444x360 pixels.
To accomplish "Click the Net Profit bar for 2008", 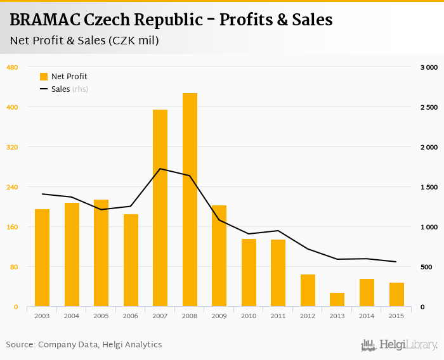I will pyautogui.click(x=190, y=200).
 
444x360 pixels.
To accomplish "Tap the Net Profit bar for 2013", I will pyautogui.click(x=337, y=300).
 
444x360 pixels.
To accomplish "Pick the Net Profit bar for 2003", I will pyautogui.click(x=42, y=258).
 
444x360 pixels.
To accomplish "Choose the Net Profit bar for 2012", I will pyautogui.click(x=308, y=290).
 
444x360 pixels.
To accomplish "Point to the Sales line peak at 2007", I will pyautogui.click(x=160, y=169).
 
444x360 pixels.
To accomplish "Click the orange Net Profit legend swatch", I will pyautogui.click(x=44, y=77).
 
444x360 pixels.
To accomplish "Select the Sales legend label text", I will pyautogui.click(x=60, y=89).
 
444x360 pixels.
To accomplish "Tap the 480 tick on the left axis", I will pyautogui.click(x=12, y=67).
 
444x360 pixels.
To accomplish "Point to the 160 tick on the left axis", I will pyautogui.click(x=12, y=227).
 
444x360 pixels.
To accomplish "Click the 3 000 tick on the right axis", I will pyautogui.click(x=429, y=67).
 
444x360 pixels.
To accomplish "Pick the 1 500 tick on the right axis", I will pyautogui.click(x=429, y=187).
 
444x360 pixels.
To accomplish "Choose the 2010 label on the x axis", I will pyautogui.click(x=249, y=316).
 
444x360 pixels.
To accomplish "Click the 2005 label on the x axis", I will pyautogui.click(x=101, y=316).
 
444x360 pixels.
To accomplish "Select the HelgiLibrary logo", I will pyautogui.click(x=400, y=345).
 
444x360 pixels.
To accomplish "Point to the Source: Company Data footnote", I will pyautogui.click(x=84, y=345).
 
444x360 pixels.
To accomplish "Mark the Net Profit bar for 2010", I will pyautogui.click(x=249, y=273).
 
